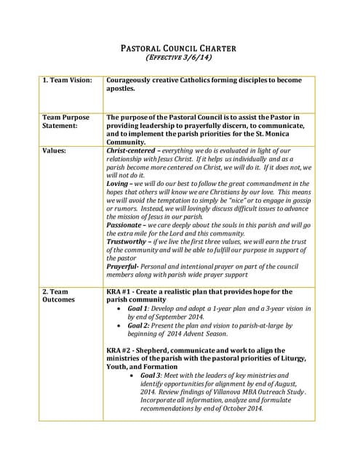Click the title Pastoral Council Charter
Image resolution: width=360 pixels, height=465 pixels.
[178, 49]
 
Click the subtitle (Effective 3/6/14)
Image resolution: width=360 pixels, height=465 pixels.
[178, 57]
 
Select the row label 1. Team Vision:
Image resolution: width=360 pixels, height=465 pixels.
[67, 81]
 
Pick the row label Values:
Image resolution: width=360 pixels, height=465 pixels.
[55, 150]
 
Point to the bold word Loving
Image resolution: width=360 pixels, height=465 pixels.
[119, 184]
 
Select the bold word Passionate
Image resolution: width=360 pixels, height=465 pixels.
[127, 225]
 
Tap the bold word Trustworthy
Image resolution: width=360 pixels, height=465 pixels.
[129, 241]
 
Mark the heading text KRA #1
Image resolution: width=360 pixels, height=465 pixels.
[120, 291]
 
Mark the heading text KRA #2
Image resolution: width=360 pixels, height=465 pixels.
[120, 350]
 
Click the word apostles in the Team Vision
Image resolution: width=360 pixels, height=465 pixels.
[122, 89]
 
